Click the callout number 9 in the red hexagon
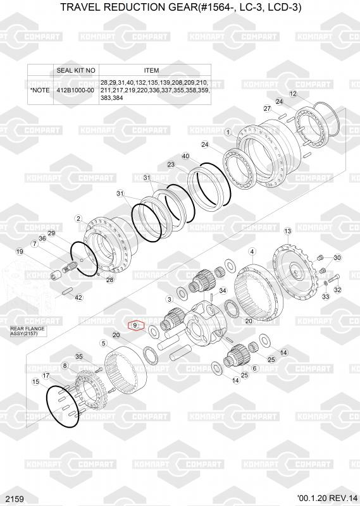click(135, 325)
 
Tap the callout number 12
click(293, 94)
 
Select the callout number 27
click(267, 109)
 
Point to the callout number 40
click(185, 156)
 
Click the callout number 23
click(171, 164)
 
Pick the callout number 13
click(287, 231)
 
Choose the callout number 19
click(20, 252)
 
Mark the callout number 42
click(78, 297)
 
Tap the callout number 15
click(35, 382)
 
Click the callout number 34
click(223, 291)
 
